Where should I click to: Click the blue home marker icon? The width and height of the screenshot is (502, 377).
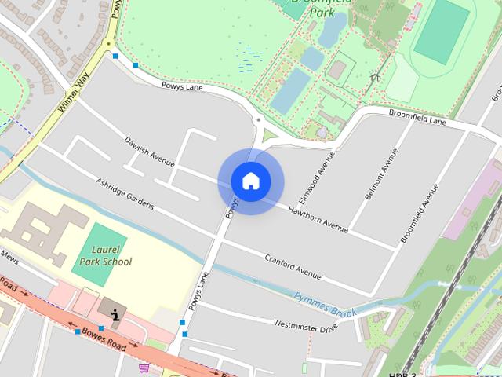point(250,181)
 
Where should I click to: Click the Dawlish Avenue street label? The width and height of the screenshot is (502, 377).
point(149,152)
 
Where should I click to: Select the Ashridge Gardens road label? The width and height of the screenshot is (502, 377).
point(125,193)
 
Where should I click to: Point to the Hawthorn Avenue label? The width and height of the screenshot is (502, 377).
point(317,219)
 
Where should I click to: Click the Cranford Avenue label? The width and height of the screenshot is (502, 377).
point(293,266)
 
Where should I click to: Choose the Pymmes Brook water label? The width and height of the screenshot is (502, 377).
point(325,305)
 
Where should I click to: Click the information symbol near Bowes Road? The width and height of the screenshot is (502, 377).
point(116,315)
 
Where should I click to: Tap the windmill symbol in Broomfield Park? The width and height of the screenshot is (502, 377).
point(375,76)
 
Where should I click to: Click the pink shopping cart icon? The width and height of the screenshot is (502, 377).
point(144,368)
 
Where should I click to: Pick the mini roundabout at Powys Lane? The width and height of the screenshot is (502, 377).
point(258,120)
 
